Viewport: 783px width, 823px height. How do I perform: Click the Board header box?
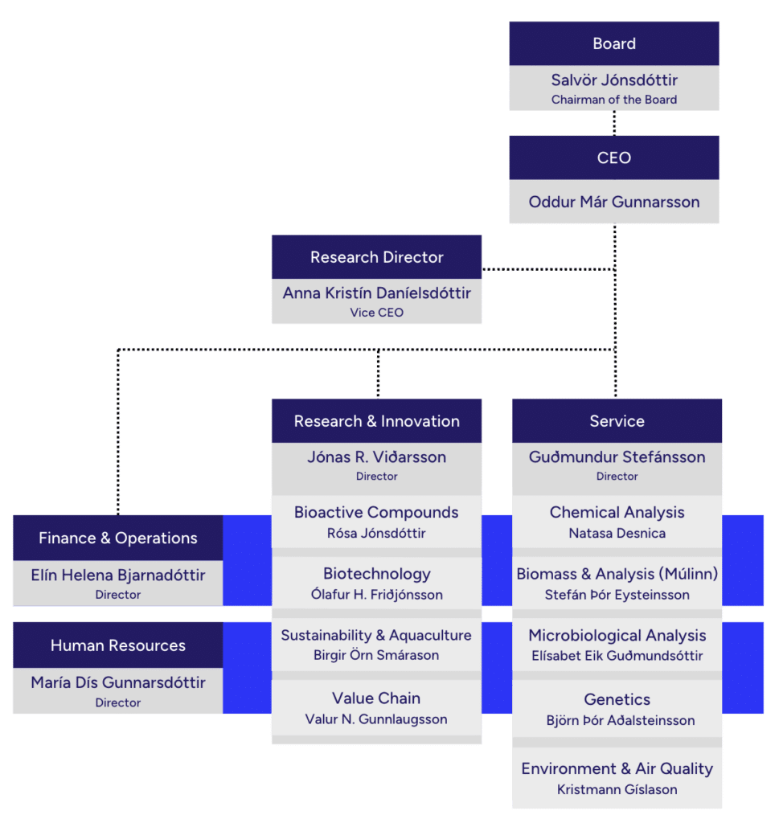[614, 43]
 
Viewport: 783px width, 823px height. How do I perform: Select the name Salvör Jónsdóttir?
[614, 80]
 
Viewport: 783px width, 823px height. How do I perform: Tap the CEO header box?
[614, 158]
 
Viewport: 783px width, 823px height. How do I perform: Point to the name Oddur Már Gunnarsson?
[614, 202]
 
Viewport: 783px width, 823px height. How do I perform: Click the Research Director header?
[376, 257]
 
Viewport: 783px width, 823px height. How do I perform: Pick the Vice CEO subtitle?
[376, 313]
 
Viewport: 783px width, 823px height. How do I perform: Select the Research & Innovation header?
[376, 421]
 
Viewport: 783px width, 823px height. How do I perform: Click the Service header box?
[617, 421]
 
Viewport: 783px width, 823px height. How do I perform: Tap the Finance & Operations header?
[118, 538]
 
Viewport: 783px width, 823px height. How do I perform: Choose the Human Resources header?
[118, 645]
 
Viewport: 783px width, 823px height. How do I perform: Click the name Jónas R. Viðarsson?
[376, 457]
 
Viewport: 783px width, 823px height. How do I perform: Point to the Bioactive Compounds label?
[376, 512]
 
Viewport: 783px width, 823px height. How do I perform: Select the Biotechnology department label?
[376, 574]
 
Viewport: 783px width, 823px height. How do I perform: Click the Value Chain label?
[376, 698]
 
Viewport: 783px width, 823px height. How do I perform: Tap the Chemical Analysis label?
[617, 512]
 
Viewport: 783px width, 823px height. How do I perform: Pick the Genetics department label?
[617, 699]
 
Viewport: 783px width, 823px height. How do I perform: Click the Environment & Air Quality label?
[617, 768]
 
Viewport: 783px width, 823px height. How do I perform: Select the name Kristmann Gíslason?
[617, 789]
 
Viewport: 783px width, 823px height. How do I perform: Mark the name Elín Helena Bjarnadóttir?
[118, 575]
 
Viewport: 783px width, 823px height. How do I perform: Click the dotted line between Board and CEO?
[614, 123]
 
